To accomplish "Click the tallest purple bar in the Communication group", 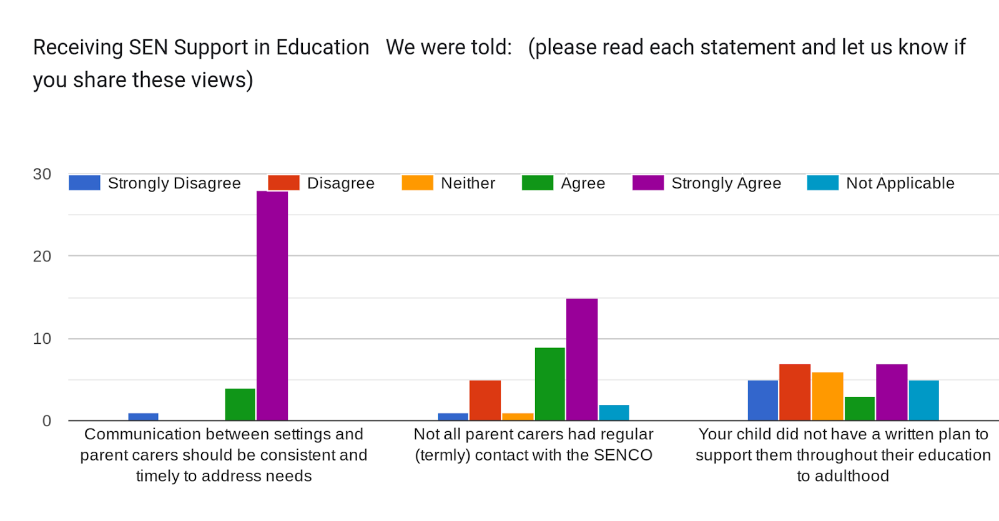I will pyautogui.click(x=272, y=306).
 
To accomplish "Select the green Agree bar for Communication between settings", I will pyautogui.click(x=240, y=404).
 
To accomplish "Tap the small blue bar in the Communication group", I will pyautogui.click(x=144, y=417).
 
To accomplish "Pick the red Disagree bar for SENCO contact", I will pyautogui.click(x=485, y=400).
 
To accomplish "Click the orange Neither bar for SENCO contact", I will pyautogui.click(x=518, y=417).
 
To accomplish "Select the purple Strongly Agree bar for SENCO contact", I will pyautogui.click(x=582, y=359).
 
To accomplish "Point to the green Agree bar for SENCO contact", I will pyautogui.click(x=549, y=384).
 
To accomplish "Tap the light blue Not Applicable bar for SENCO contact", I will pyautogui.click(x=614, y=412).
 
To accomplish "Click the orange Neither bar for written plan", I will pyautogui.click(x=827, y=396).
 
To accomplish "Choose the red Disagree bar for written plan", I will pyautogui.click(x=795, y=392).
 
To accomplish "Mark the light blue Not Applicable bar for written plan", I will pyautogui.click(x=923, y=400).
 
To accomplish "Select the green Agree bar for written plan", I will pyautogui.click(x=860, y=408).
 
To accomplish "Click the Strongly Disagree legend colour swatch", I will pyautogui.click(x=84, y=183).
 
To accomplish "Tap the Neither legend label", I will pyautogui.click(x=468, y=183).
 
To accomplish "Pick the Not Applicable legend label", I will pyautogui.click(x=900, y=183).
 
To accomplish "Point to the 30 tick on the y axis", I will pyautogui.click(x=42, y=174).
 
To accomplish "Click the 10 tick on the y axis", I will pyautogui.click(x=42, y=339).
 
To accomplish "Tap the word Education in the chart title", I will pyautogui.click(x=322, y=47).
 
